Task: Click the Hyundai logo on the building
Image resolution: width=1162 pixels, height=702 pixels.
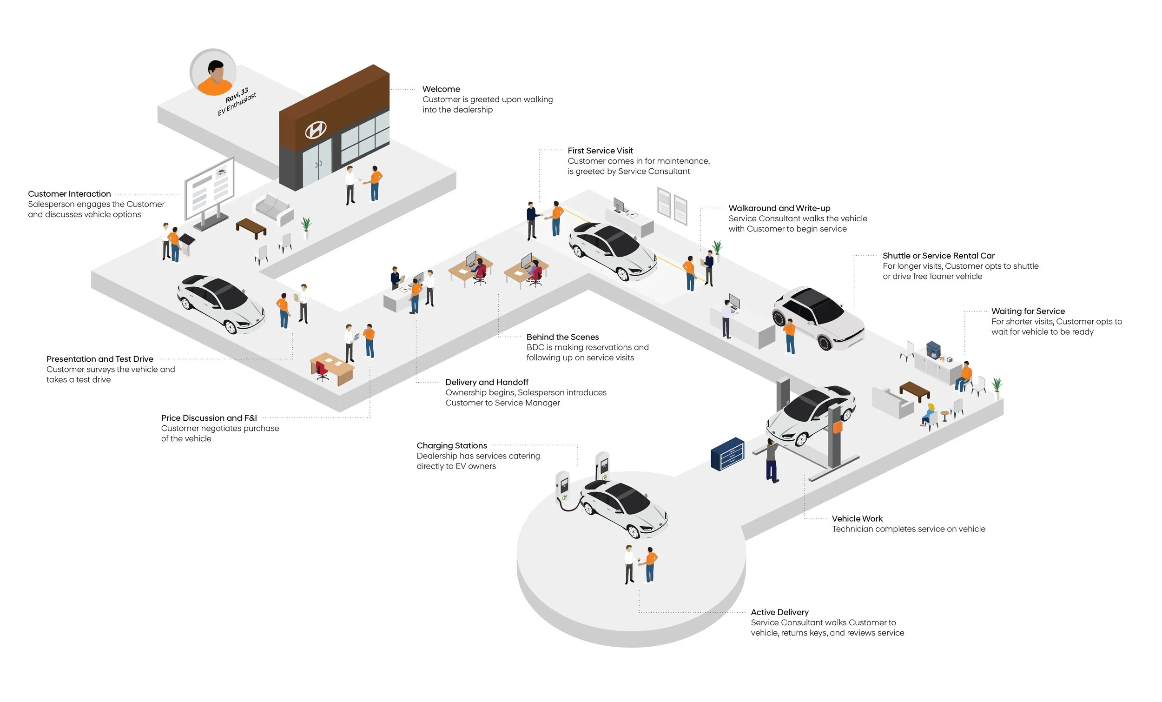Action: [316, 130]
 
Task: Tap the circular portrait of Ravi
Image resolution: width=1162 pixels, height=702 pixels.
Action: [213, 72]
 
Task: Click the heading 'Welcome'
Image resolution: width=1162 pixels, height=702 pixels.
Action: [441, 89]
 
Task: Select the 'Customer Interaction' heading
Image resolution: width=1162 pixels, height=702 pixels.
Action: [69, 194]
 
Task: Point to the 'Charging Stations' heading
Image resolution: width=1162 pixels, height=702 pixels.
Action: [451, 445]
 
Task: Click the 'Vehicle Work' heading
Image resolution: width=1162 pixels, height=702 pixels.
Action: [857, 518]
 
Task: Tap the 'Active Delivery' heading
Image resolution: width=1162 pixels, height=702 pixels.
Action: [779, 612]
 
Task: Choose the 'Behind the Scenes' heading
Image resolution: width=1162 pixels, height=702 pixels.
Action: [562, 337]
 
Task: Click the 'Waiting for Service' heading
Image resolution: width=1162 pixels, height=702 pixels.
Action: [1028, 311]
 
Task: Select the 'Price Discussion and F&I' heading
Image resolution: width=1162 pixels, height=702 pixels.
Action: [209, 418]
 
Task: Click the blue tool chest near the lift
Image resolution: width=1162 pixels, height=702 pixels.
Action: [727, 454]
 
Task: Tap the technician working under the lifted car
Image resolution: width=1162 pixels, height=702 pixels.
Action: [772, 460]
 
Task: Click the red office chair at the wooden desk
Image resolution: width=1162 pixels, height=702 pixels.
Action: [322, 370]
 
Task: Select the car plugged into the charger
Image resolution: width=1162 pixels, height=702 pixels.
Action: [623, 510]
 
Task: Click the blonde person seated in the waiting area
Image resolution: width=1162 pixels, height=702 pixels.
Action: [928, 415]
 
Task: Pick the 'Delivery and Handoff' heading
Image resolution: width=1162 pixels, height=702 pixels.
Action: [486, 382]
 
